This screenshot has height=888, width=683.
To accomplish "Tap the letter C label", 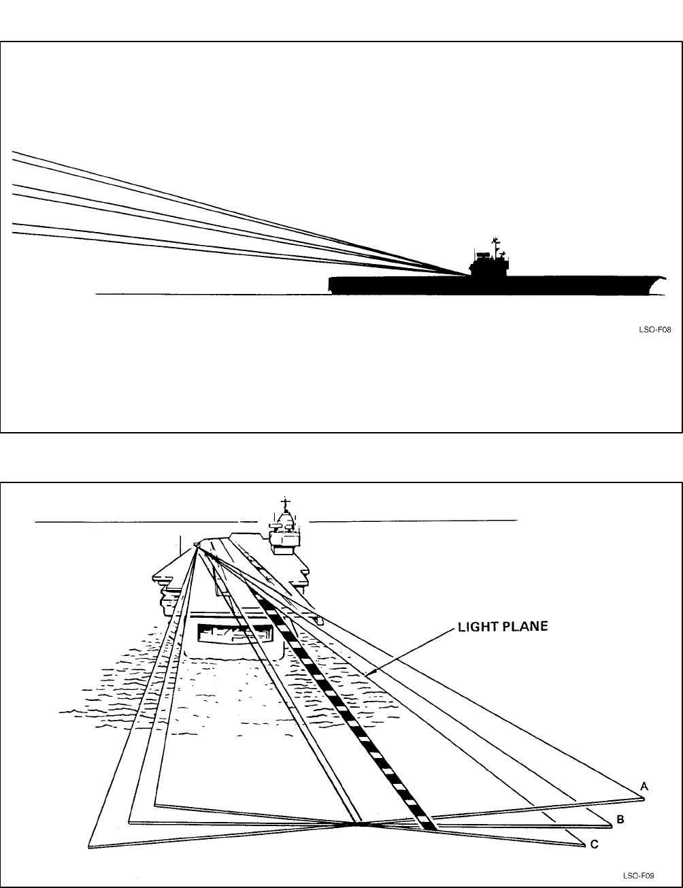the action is pos(594,844).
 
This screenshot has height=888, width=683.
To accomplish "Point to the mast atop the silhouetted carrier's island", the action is pos(495,242).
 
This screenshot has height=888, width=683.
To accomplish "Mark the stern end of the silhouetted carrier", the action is pos(331,284).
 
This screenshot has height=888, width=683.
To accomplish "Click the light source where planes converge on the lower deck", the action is pos(197,544).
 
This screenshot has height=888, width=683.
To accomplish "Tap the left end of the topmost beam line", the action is pos(14,152).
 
